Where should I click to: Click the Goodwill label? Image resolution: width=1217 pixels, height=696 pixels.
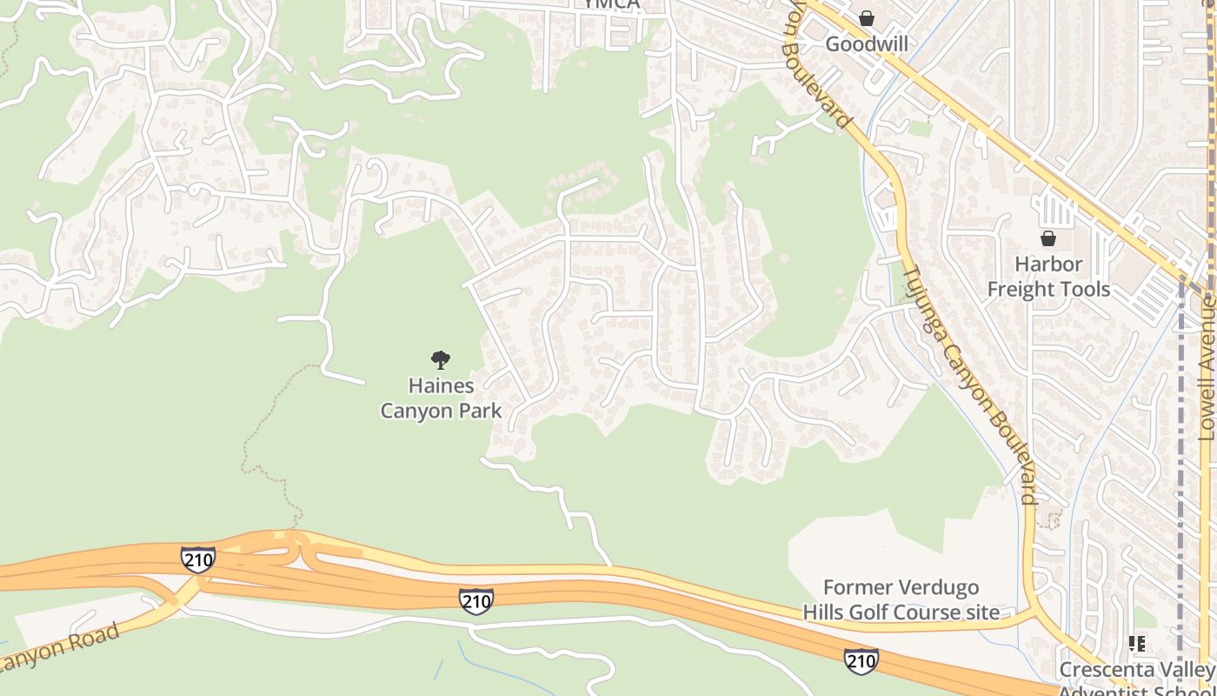[x=866, y=43]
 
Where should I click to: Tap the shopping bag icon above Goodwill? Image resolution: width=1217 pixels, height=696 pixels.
[x=866, y=18]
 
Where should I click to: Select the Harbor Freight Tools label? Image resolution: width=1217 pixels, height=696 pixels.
[x=1048, y=277]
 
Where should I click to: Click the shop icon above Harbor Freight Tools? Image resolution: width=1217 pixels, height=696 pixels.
[x=1048, y=238]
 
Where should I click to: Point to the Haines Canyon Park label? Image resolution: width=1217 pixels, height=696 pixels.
[x=441, y=398]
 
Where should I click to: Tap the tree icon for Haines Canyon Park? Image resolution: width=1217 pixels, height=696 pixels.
[x=441, y=359]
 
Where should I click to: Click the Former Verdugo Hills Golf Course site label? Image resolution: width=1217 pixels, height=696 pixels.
[x=901, y=599]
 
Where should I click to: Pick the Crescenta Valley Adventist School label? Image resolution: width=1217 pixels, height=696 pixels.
[x=1136, y=679]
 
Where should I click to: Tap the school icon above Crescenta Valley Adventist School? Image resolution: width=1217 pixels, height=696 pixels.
[x=1136, y=644]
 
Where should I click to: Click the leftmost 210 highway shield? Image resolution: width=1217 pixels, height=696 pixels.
[x=198, y=559]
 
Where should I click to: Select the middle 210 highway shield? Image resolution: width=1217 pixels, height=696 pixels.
[x=475, y=600]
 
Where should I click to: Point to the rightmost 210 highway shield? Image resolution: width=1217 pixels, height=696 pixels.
[x=861, y=661]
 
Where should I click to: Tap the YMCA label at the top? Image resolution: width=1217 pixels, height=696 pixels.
[x=611, y=4]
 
